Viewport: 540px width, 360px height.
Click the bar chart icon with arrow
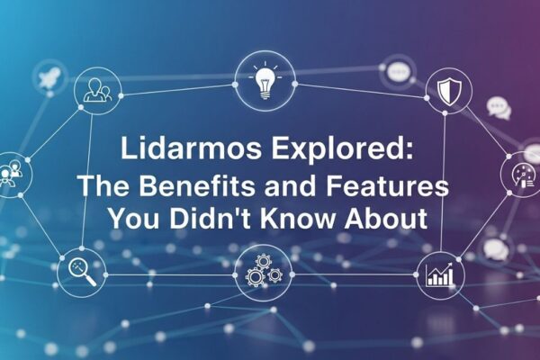pyautogui.click(x=441, y=274)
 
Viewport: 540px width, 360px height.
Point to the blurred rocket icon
pyautogui.click(x=48, y=76)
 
